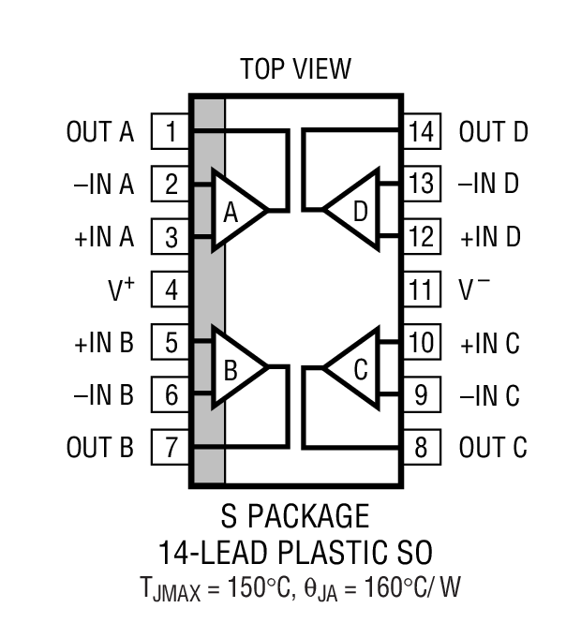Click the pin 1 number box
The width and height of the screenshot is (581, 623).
click(171, 132)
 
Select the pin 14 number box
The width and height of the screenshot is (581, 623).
click(422, 132)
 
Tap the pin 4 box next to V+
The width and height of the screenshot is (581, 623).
click(171, 289)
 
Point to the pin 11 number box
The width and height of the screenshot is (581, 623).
click(422, 289)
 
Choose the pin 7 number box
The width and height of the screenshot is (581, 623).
click(171, 447)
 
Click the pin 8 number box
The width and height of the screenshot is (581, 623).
click(422, 447)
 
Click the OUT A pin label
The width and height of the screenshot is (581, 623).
click(100, 132)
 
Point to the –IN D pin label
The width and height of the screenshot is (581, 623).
click(488, 185)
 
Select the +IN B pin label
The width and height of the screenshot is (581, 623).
click(104, 343)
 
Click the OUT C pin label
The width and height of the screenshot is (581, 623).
click(493, 448)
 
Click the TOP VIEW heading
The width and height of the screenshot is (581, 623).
click(295, 68)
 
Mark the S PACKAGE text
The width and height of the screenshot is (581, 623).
click(295, 516)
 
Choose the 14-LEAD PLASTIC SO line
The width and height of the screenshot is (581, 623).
click(295, 550)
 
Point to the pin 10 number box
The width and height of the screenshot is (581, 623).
click(422, 342)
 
